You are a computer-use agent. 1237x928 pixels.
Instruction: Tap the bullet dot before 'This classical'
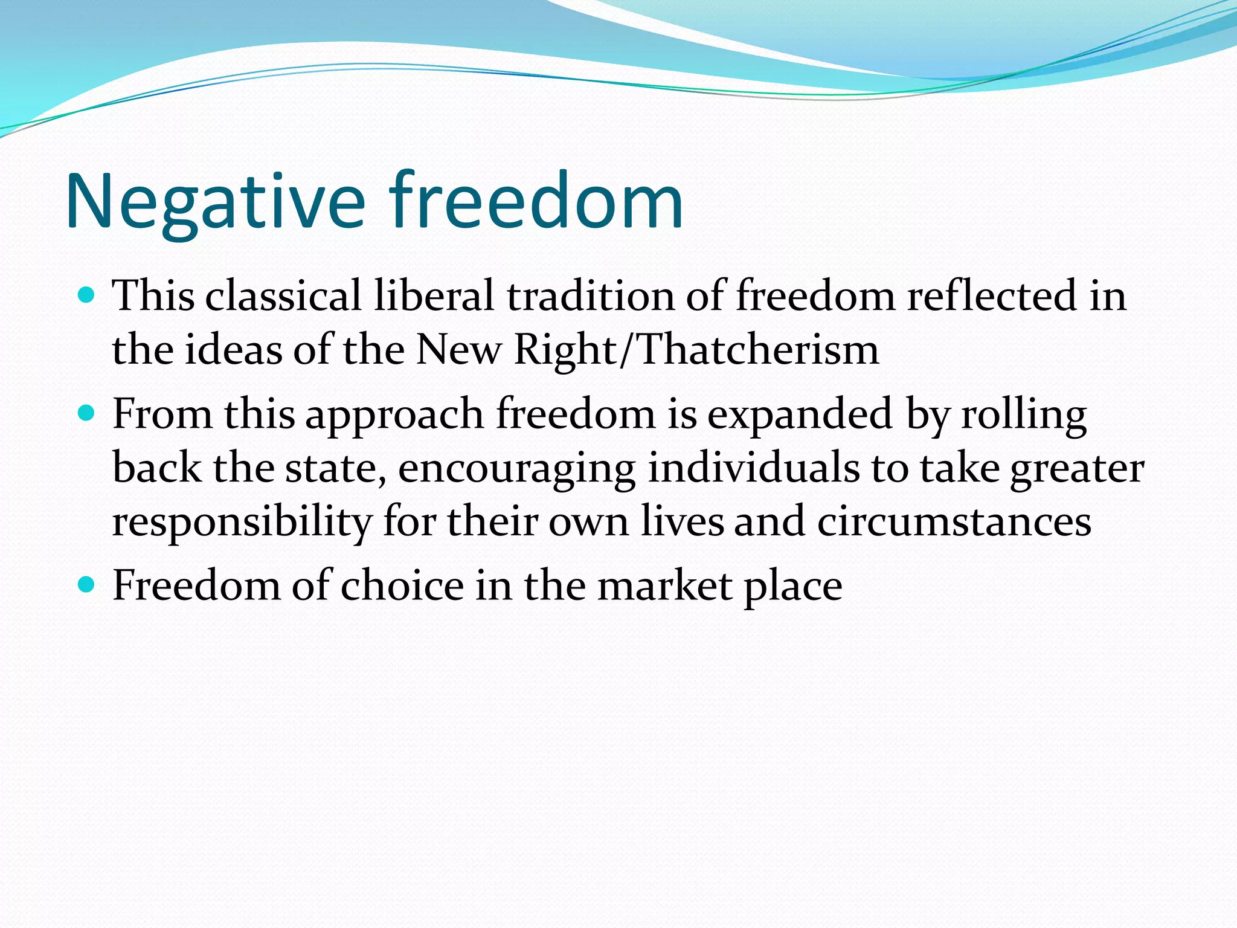(87, 295)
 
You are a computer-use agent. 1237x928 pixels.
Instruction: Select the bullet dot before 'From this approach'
(87, 413)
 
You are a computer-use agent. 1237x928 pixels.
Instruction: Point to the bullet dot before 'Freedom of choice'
(87, 584)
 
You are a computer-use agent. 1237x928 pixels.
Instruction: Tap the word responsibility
(242, 523)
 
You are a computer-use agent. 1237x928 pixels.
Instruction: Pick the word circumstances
(954, 521)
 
